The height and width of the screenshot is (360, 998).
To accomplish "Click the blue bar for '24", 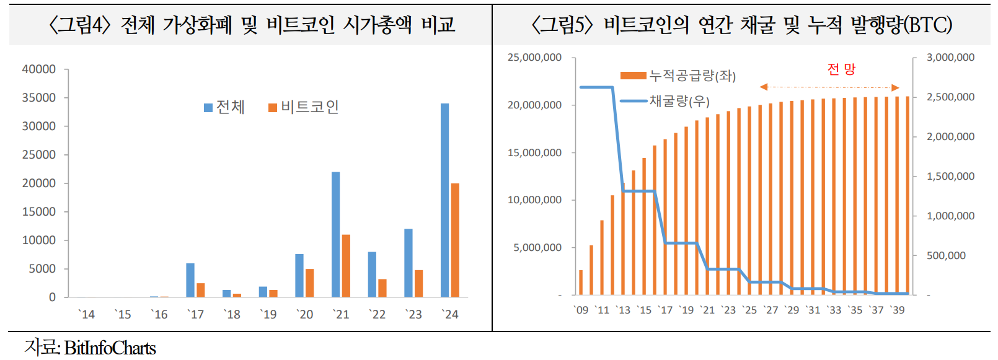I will (444, 200).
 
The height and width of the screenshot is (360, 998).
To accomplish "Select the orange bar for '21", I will (346, 266).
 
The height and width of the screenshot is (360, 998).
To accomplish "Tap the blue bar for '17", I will (190, 280).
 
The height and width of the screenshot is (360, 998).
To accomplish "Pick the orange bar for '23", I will (418, 283).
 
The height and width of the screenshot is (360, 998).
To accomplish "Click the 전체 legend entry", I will (224, 107).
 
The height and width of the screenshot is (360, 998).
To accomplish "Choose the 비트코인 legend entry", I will (304, 107).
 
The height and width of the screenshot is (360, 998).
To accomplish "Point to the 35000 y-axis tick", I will (38, 98).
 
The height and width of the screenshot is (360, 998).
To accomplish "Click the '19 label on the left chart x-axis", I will (268, 315).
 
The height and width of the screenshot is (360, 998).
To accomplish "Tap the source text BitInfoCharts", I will (110, 348).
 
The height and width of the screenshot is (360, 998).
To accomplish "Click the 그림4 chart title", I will (251, 25).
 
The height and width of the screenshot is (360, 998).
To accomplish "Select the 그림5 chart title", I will (741, 25).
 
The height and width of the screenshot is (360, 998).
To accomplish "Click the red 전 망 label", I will (841, 69).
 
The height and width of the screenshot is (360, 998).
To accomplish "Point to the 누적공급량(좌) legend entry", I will (678, 76).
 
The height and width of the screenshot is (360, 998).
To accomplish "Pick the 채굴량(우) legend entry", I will (666, 101).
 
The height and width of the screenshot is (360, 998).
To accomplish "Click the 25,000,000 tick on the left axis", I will (534, 58).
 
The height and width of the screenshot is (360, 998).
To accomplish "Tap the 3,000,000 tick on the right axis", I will (950, 58).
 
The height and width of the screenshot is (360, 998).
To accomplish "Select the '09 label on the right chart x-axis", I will (581, 310).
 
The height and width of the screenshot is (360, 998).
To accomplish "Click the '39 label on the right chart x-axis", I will (897, 310).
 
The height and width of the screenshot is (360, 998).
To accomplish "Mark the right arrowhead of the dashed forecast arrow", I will (895, 87).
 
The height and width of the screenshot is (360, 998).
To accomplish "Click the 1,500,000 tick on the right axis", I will (950, 177).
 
